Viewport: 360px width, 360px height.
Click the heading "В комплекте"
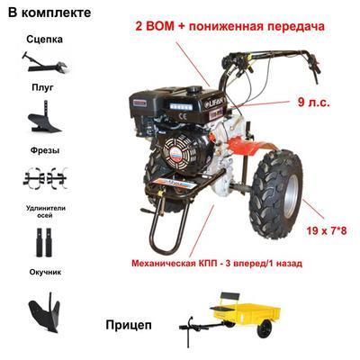(x=49, y=13)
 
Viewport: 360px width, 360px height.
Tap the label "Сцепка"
(x=44, y=40)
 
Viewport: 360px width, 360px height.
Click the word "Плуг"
(x=42, y=87)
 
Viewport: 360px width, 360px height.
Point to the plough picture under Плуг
(x=44, y=117)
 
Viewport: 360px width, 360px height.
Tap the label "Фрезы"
(x=45, y=150)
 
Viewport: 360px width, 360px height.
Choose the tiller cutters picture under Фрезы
(x=45, y=178)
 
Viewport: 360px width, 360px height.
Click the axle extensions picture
(x=44, y=242)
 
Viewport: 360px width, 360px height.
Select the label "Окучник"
(x=45, y=272)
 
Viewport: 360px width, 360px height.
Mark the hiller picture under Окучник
(x=45, y=312)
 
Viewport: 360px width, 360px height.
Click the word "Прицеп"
(x=129, y=325)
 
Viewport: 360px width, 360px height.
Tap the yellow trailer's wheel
(x=265, y=328)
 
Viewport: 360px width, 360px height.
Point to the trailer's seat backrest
(x=230, y=297)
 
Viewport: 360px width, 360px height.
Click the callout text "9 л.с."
(x=314, y=103)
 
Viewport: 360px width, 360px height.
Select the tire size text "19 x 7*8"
(x=327, y=231)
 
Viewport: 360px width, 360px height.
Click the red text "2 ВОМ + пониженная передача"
(x=230, y=26)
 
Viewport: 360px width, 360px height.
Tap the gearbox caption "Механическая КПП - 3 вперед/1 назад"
(x=217, y=264)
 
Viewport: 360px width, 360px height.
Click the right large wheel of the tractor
(x=276, y=194)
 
